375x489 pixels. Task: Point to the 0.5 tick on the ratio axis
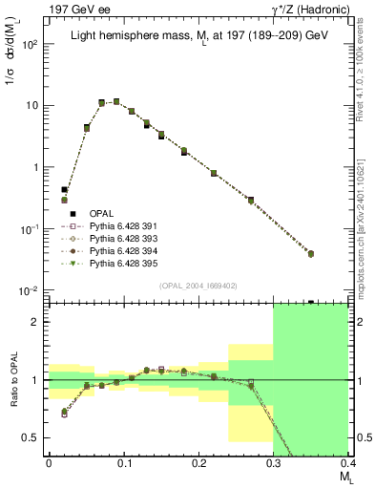tap(35, 438)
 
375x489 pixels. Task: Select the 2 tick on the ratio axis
tap(39, 322)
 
